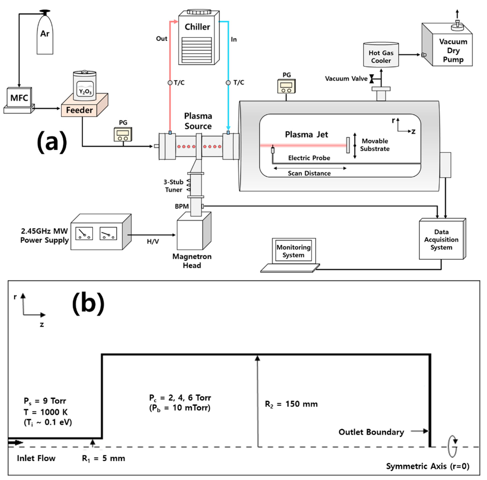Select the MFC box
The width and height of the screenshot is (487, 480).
point(19,98)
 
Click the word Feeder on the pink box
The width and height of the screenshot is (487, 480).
point(79,110)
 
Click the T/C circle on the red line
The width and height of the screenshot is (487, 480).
point(170,83)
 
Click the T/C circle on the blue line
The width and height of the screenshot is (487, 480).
point(228,83)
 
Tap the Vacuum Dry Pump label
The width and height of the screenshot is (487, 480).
point(453,50)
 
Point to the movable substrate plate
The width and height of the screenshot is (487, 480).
point(348,145)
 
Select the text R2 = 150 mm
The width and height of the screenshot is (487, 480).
point(291,404)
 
